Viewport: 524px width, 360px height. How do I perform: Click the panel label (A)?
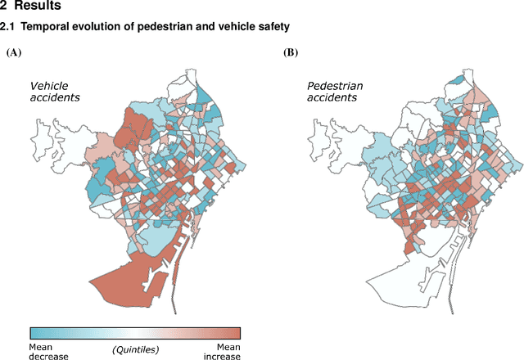tap(13, 52)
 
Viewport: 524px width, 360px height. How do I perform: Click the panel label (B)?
tap(291, 52)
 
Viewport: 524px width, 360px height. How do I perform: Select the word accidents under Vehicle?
tap(55, 97)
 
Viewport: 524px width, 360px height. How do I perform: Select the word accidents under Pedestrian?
tap(332, 97)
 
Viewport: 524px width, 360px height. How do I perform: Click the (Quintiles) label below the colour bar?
tap(135, 349)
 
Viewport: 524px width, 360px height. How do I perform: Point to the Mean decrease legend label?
tap(48, 351)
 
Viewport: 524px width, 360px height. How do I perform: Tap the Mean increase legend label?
tap(220, 351)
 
